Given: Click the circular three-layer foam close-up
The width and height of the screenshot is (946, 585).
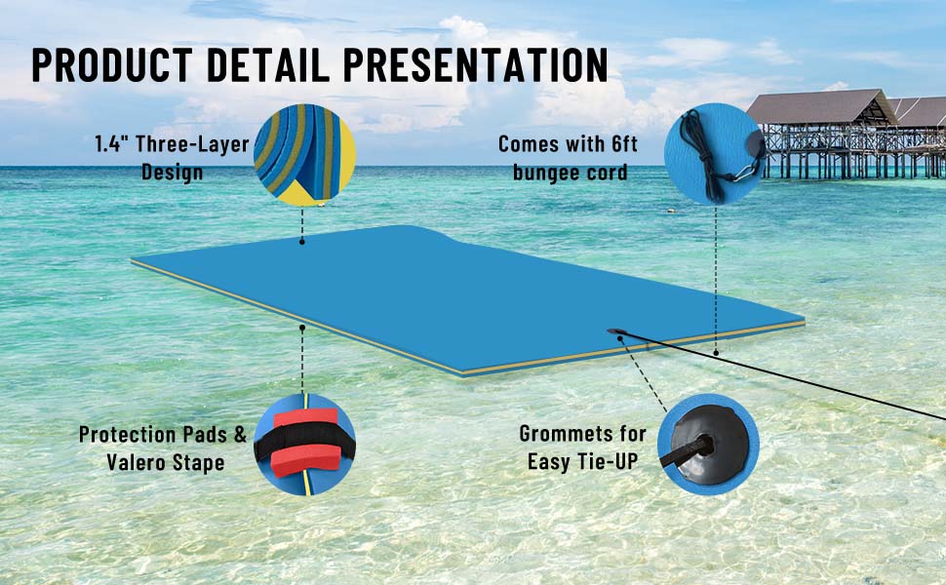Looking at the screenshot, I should click(303, 157).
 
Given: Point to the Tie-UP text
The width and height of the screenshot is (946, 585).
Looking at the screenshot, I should click(606, 461).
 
